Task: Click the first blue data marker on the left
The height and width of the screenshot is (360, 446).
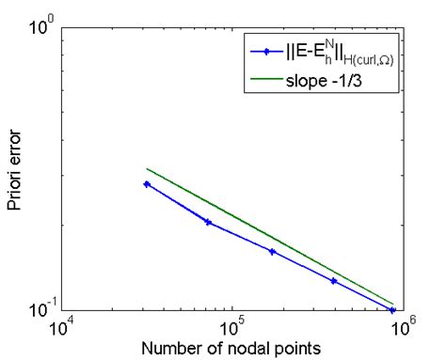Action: point(147,184)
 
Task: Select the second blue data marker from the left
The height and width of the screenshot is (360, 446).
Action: point(208,223)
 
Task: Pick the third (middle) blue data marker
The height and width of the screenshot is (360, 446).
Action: point(272,252)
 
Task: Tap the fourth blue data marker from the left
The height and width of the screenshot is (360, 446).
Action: point(333,281)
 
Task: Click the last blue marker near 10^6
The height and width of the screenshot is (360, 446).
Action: point(393,309)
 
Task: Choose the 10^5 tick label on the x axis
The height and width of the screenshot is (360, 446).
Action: point(231,329)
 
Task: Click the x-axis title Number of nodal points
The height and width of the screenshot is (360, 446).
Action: point(231,350)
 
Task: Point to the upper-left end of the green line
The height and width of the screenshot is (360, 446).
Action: point(147,169)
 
